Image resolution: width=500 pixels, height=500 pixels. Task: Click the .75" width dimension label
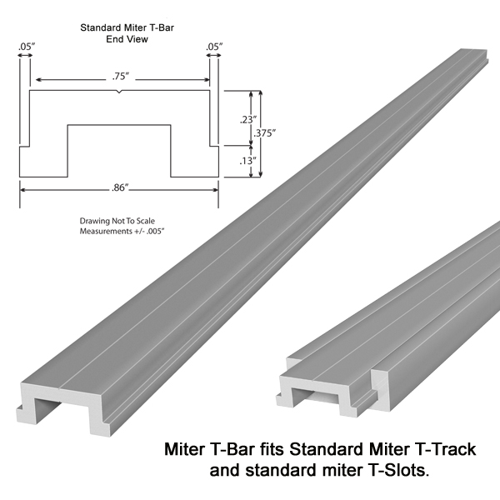(x=121, y=77)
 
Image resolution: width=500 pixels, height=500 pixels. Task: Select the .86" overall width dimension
(x=119, y=187)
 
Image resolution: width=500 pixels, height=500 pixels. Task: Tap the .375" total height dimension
(x=265, y=133)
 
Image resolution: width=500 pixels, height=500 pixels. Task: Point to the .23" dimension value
(x=248, y=120)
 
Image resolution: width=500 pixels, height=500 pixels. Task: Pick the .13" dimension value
(x=248, y=161)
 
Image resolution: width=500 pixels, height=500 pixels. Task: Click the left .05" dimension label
(x=27, y=47)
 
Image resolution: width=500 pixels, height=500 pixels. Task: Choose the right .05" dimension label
(x=214, y=47)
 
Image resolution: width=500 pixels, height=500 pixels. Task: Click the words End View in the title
(x=127, y=39)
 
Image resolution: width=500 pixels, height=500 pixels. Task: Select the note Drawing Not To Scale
(x=117, y=221)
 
